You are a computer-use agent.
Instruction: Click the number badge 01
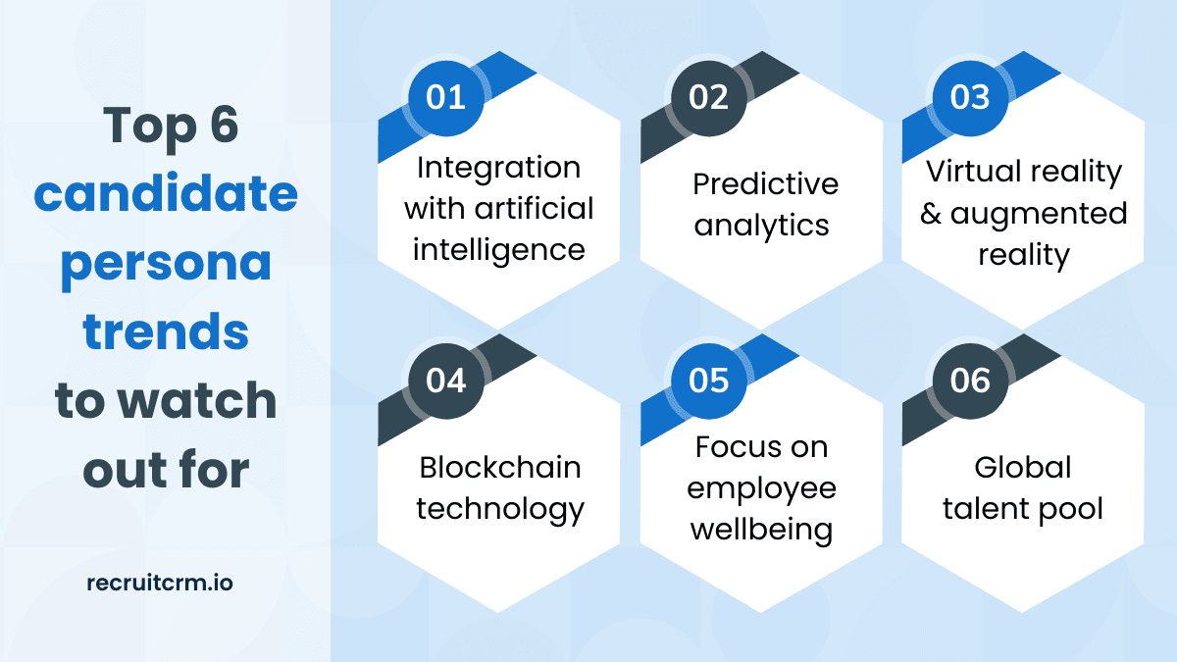coord(445,98)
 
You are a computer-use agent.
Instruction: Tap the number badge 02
coord(708,98)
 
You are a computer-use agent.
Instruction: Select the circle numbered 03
coord(970,98)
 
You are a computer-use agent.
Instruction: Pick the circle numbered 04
coord(445,381)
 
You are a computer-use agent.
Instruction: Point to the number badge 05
coord(708,381)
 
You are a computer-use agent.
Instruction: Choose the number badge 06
coord(970,381)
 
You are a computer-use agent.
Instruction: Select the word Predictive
coord(766,184)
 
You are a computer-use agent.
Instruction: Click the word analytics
coord(761,227)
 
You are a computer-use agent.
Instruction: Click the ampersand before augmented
coord(931,214)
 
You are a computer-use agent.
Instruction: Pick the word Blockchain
coord(500,467)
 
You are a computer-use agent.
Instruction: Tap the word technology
coord(500,510)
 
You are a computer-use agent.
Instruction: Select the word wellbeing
coord(761,531)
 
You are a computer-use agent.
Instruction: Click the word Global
coord(1022,467)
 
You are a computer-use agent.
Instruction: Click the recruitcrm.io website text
coord(160,584)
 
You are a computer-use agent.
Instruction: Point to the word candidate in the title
coord(166,192)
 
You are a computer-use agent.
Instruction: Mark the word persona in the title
coord(166,265)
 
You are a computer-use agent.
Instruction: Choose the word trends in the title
coord(166,331)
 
